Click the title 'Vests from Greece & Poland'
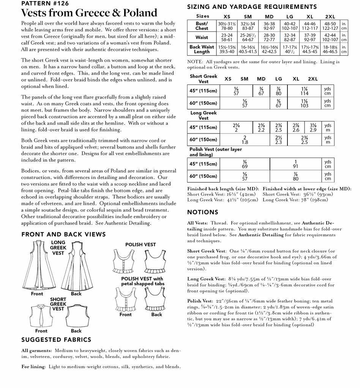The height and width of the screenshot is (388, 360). point(89,13)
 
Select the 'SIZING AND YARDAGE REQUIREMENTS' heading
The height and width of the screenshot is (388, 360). point(252,7)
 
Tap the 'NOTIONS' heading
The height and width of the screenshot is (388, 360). point(203,212)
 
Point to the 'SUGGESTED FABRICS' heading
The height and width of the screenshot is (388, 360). point(56,339)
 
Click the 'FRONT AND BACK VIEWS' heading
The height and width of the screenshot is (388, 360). point(63,234)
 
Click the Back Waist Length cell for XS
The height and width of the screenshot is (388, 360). point(227,49)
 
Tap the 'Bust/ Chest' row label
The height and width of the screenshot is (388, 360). point(202,26)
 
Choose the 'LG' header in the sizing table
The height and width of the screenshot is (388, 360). point(290,17)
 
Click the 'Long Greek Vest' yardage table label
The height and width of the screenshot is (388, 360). point(204,115)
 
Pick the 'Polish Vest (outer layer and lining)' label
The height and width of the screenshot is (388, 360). point(221,152)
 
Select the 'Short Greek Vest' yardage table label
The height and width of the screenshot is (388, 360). point(204,79)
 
